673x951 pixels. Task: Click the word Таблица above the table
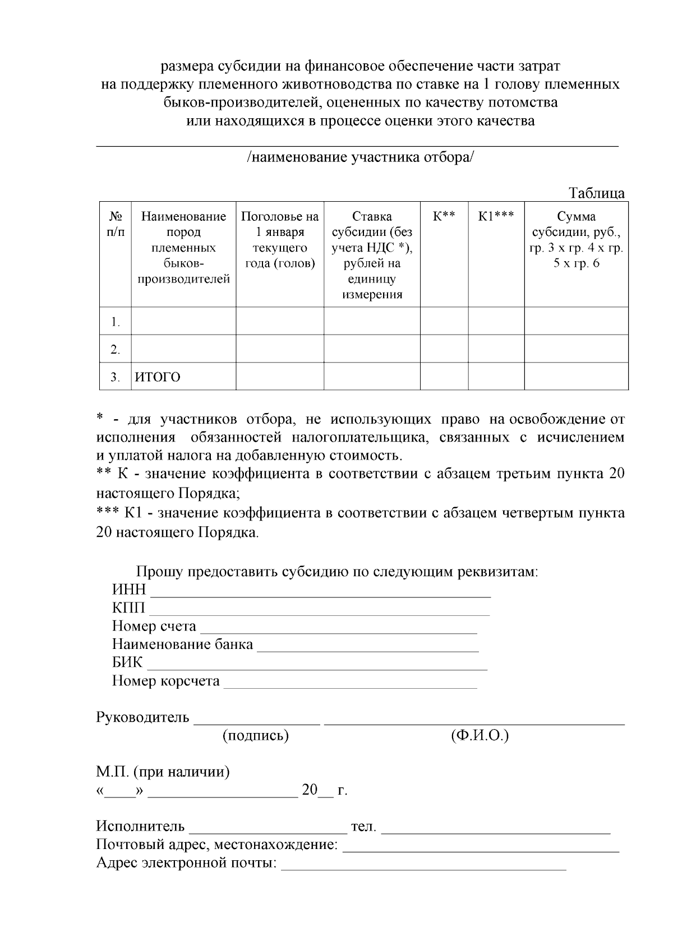[x=597, y=193]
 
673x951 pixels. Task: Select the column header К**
[x=444, y=216]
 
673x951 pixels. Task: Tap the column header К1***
[x=496, y=216]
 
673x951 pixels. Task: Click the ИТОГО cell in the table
[x=158, y=377]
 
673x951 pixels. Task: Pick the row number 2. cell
[x=115, y=349]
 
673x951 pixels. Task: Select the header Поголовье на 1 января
[x=279, y=224]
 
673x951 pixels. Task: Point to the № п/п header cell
[x=115, y=224]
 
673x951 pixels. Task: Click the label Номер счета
[x=154, y=627]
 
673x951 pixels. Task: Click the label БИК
[x=127, y=663]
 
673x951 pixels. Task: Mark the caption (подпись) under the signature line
[x=256, y=735]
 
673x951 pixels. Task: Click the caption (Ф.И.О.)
[x=480, y=735]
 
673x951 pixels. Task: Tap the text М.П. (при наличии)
[x=163, y=772]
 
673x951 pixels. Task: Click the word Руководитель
[x=142, y=717]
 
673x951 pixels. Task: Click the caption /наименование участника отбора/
[x=361, y=157]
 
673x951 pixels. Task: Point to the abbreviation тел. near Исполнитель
[x=363, y=827]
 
